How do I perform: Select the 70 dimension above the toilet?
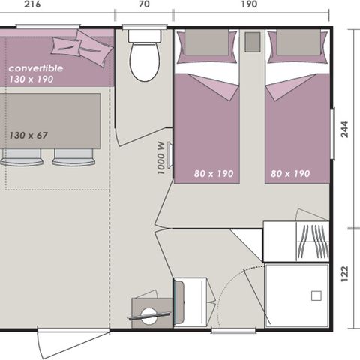(x=143, y=4)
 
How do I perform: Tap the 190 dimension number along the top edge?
(x=250, y=4)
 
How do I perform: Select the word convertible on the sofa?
(x=36, y=68)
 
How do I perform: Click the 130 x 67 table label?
(x=29, y=135)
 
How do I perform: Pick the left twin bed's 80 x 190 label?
(x=214, y=173)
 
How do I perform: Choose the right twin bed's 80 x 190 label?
(x=289, y=173)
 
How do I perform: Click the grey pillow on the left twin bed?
(x=205, y=44)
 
